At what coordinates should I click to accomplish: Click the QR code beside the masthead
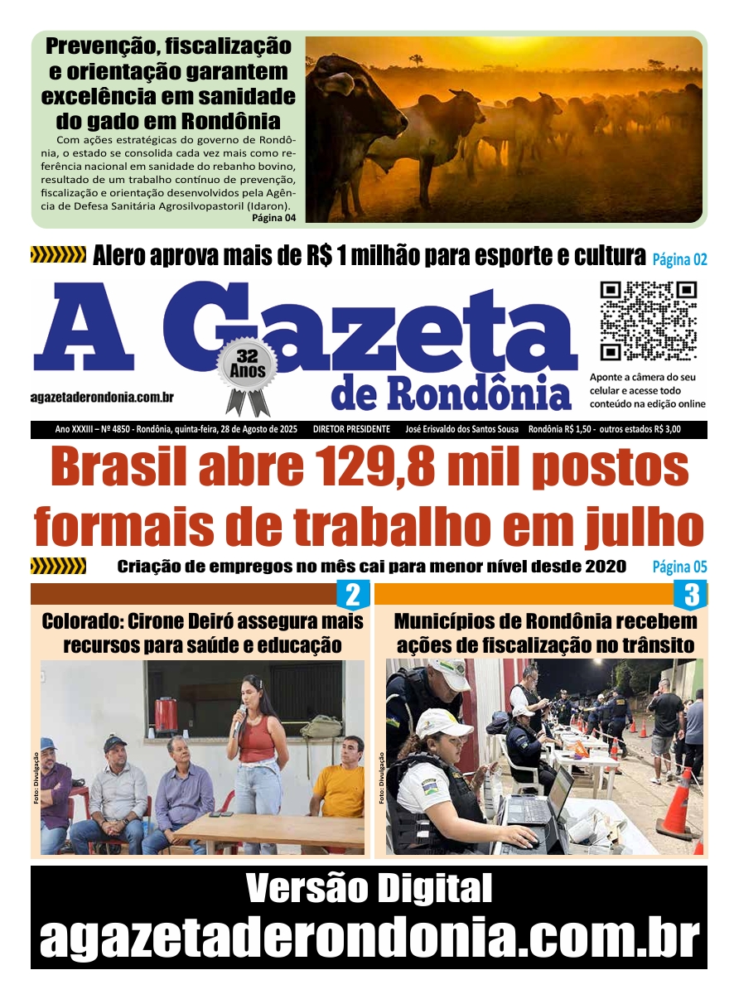(648, 321)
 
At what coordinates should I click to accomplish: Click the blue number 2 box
(352, 595)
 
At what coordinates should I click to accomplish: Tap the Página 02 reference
(679, 259)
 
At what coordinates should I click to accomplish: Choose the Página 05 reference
(679, 567)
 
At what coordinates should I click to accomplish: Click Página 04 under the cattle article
(273, 219)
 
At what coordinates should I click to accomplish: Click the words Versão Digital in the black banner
(369, 890)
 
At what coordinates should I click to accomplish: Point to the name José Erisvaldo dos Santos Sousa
(462, 430)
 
